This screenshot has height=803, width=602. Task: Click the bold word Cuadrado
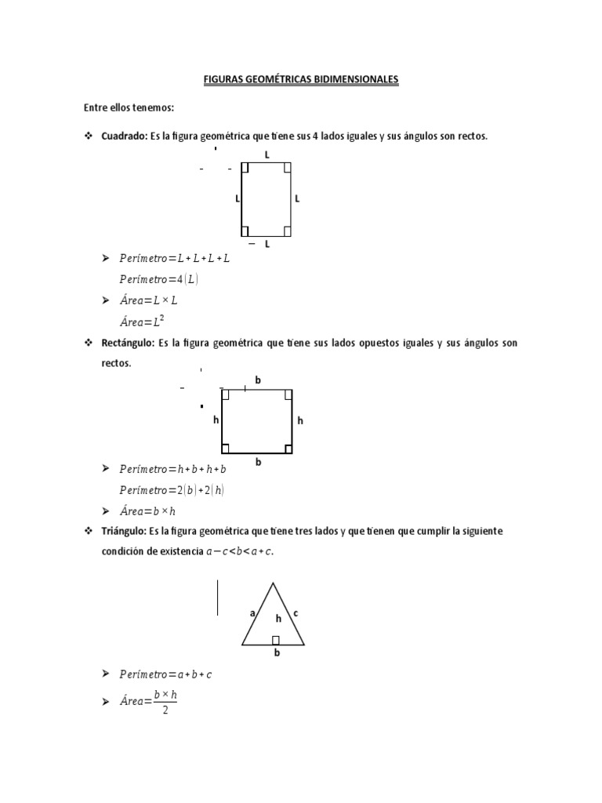tap(125, 136)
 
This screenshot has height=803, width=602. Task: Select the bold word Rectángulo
tap(127, 343)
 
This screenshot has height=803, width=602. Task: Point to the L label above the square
tap(267, 155)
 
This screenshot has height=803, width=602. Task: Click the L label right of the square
tap(297, 199)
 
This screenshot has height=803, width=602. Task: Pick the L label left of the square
tap(237, 199)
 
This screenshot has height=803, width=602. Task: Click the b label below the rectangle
tap(258, 462)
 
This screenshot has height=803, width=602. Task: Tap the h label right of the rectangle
tap(299, 421)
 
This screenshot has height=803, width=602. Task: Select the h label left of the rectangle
tap(216, 420)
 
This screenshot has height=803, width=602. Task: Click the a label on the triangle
tap(252, 614)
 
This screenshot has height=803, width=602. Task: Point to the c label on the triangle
tap(296, 613)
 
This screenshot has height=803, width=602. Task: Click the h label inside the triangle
tap(277, 619)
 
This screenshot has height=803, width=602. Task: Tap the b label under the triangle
tap(276, 652)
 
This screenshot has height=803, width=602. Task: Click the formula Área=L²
tap(142, 321)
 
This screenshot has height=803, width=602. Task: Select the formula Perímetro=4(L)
tap(158, 278)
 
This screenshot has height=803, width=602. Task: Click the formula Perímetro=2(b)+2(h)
tap(173, 490)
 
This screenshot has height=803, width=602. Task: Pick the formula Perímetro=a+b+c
tap(165, 674)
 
